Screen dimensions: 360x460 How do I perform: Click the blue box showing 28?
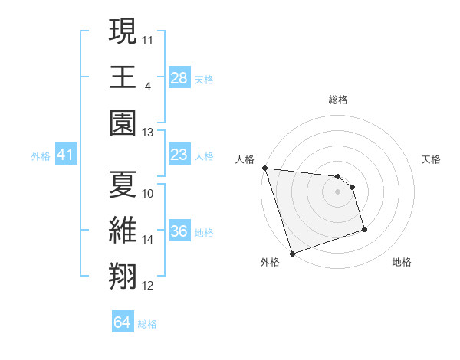[x=179, y=77]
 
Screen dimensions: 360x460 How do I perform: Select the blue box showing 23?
[x=179, y=155]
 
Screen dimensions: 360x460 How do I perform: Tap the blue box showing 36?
[x=179, y=232]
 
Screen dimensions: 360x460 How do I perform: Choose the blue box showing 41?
[x=65, y=155]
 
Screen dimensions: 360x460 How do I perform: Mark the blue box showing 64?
[x=123, y=322]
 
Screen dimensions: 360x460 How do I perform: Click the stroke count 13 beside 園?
[x=148, y=132]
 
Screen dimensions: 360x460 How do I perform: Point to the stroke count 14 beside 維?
[x=148, y=240]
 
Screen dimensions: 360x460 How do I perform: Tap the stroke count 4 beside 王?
[x=147, y=86]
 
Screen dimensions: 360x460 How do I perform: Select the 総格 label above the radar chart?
[x=338, y=100]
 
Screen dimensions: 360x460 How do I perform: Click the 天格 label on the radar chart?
[x=432, y=159]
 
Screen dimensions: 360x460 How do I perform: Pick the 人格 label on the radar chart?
[x=245, y=159]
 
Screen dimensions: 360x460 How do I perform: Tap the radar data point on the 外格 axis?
[x=292, y=254]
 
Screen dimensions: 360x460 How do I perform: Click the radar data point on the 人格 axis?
[x=264, y=168]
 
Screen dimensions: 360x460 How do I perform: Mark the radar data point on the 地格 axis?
[x=364, y=229]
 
